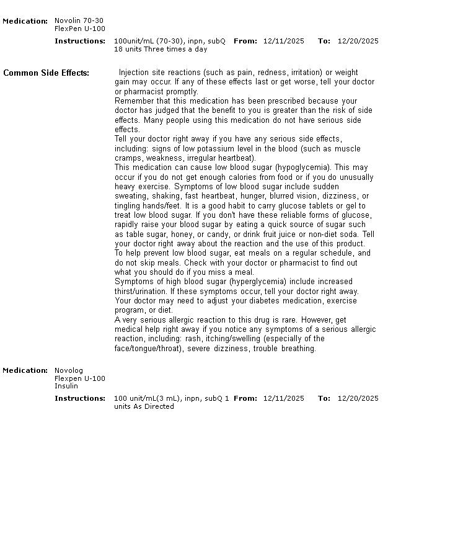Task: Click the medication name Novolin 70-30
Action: tap(79, 21)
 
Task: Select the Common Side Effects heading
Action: tap(46, 73)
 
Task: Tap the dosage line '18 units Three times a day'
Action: tap(161, 49)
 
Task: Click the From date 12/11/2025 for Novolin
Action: tap(283, 41)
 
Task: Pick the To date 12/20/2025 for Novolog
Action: tap(358, 398)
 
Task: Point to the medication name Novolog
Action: tap(68, 370)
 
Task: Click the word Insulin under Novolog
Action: tap(66, 386)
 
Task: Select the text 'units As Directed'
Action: tap(144, 406)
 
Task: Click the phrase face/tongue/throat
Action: tap(149, 349)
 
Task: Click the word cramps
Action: tap(128, 158)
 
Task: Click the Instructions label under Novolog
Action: tap(80, 398)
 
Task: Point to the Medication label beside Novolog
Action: tap(25, 370)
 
